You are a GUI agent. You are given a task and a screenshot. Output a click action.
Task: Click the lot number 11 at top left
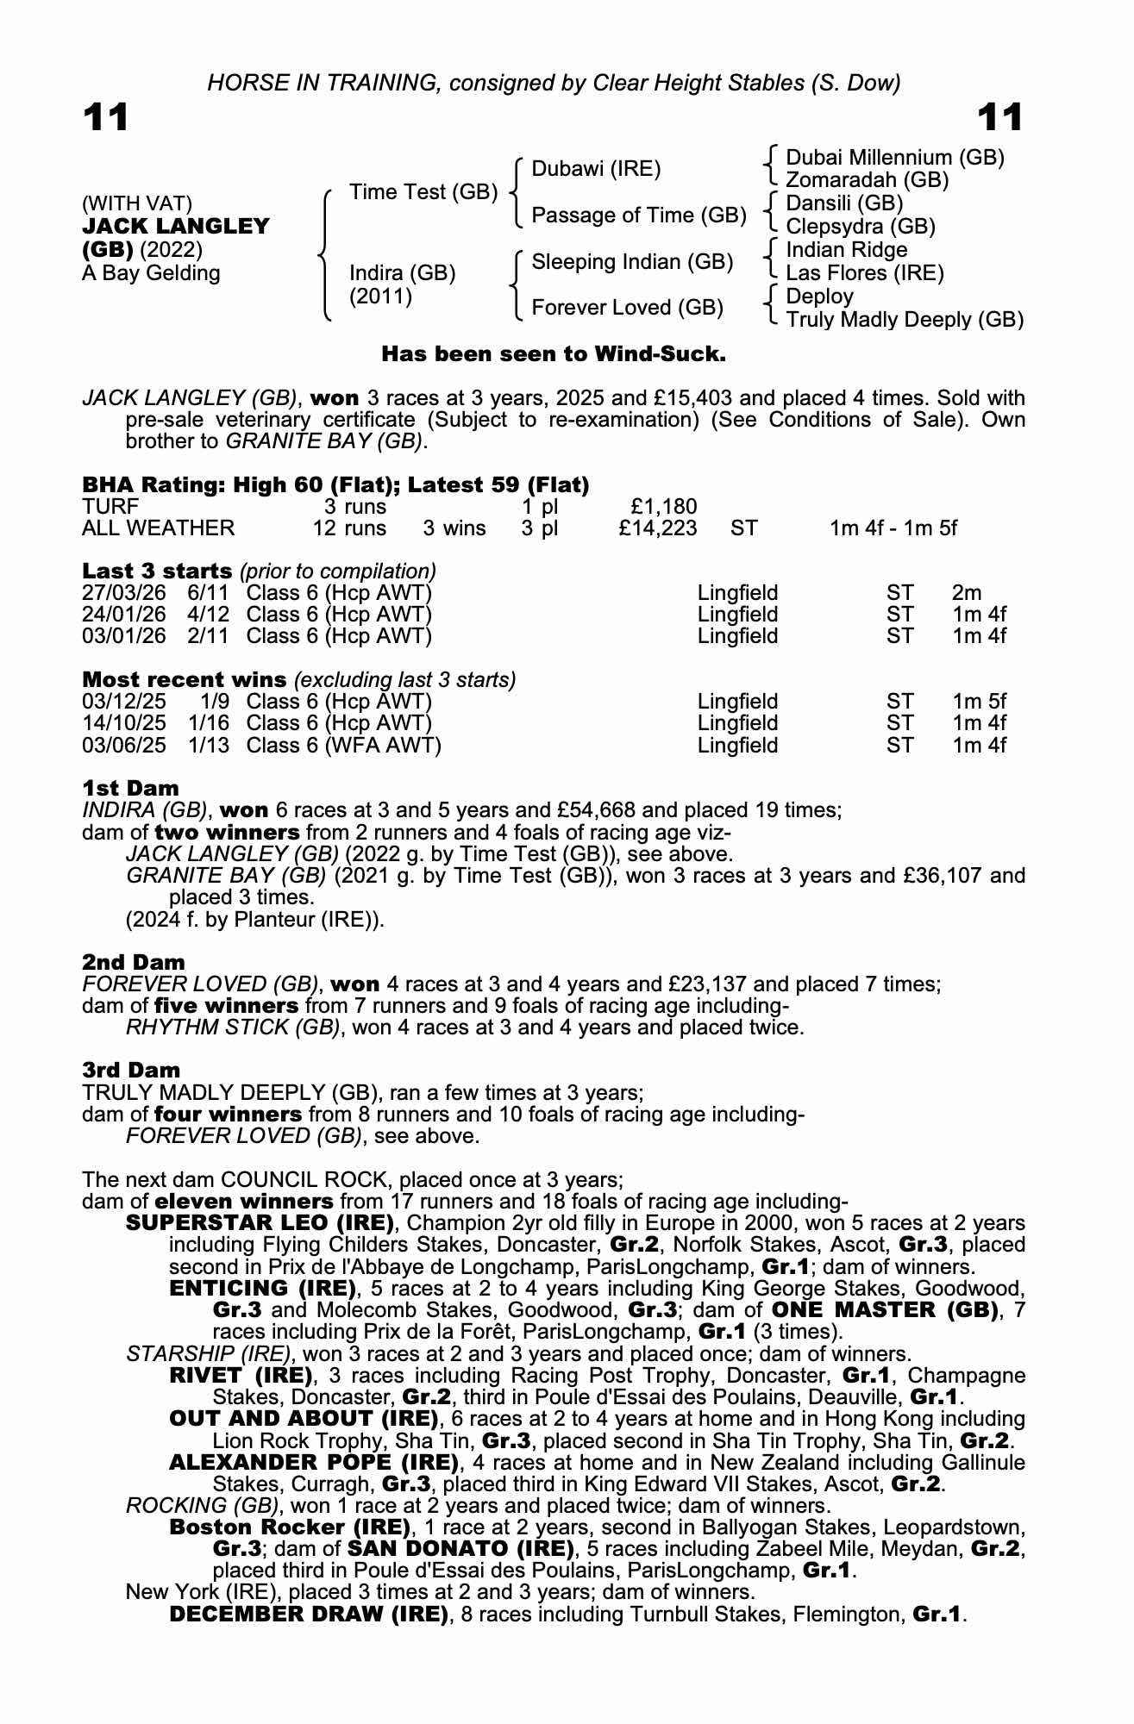coord(105,118)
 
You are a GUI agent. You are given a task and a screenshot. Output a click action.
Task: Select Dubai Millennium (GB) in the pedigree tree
coord(895,158)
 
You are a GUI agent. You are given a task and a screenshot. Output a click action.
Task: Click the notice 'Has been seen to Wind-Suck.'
coord(554,354)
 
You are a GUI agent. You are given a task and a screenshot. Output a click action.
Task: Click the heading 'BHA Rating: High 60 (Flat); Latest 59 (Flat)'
coord(335,484)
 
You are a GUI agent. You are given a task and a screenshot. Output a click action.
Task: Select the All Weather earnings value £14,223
coord(658,528)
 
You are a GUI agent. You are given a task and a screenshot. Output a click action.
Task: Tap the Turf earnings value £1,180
coord(664,506)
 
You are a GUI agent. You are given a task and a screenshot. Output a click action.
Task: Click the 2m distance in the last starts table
coord(967,593)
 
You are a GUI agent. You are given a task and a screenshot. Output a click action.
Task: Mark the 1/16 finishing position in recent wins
coord(209,723)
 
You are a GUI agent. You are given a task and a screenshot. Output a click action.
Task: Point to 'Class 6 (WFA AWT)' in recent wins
coord(343,745)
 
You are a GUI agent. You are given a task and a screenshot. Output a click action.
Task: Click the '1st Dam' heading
coord(130,788)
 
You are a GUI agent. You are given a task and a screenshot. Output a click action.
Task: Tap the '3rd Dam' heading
coord(131,1070)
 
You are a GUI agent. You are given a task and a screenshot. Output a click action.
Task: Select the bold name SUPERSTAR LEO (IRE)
coord(260,1223)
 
